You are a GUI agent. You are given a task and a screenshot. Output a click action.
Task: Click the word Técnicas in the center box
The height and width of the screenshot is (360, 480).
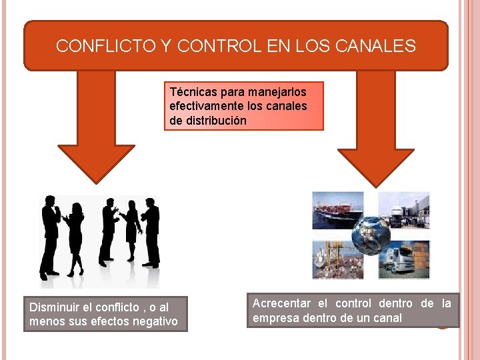(191, 91)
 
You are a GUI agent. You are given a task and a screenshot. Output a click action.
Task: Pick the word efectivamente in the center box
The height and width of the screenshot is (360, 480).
(204, 106)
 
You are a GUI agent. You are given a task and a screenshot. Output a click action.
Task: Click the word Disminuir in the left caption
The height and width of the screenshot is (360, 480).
(54, 307)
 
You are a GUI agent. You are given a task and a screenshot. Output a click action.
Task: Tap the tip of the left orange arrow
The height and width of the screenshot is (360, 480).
(96, 181)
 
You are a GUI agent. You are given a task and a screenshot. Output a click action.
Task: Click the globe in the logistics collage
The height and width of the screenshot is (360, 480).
(371, 234)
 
